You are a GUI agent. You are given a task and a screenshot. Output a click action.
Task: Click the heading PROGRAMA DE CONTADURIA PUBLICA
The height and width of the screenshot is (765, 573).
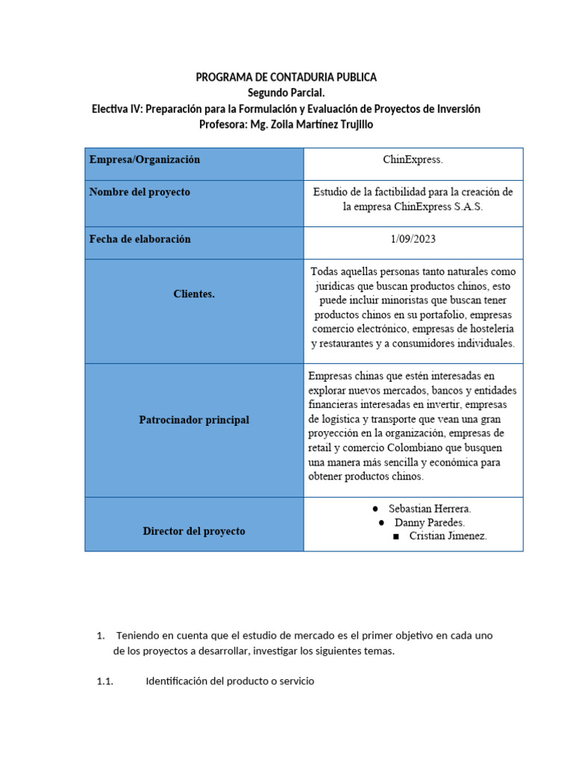(286, 77)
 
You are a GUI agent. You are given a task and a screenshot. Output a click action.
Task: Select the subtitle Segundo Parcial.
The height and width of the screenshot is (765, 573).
(286, 93)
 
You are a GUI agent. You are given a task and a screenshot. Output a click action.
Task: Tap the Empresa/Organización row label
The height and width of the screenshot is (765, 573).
(145, 159)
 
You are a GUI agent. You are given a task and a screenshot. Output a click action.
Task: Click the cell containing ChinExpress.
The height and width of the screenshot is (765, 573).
(413, 159)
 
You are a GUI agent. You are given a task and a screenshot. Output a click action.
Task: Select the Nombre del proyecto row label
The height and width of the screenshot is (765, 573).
(140, 192)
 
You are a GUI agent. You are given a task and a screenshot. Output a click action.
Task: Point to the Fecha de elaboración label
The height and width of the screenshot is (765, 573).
(140, 239)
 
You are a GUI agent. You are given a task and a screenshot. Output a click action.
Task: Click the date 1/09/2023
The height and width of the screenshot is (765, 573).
(413, 239)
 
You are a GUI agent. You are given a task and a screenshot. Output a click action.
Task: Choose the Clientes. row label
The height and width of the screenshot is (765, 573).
(194, 294)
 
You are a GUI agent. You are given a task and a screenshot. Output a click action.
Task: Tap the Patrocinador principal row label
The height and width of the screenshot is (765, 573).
(194, 420)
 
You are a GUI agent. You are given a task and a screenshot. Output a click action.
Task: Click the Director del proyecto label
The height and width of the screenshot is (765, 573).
(194, 531)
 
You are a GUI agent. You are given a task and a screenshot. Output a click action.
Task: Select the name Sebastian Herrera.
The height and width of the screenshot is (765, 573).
(430, 509)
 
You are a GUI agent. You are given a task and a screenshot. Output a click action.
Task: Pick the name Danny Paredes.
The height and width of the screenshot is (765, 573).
(430, 522)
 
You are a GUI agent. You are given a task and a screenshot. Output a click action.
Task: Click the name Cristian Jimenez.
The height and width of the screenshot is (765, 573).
(448, 536)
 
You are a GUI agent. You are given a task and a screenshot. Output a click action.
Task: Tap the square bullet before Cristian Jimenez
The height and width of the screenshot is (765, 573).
(395, 536)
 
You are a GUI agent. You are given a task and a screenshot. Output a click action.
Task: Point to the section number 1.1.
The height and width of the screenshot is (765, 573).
(105, 681)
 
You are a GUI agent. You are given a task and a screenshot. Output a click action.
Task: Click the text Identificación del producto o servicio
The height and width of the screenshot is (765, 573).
(230, 681)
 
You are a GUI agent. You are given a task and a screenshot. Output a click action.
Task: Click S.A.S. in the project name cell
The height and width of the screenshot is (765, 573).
(469, 207)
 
